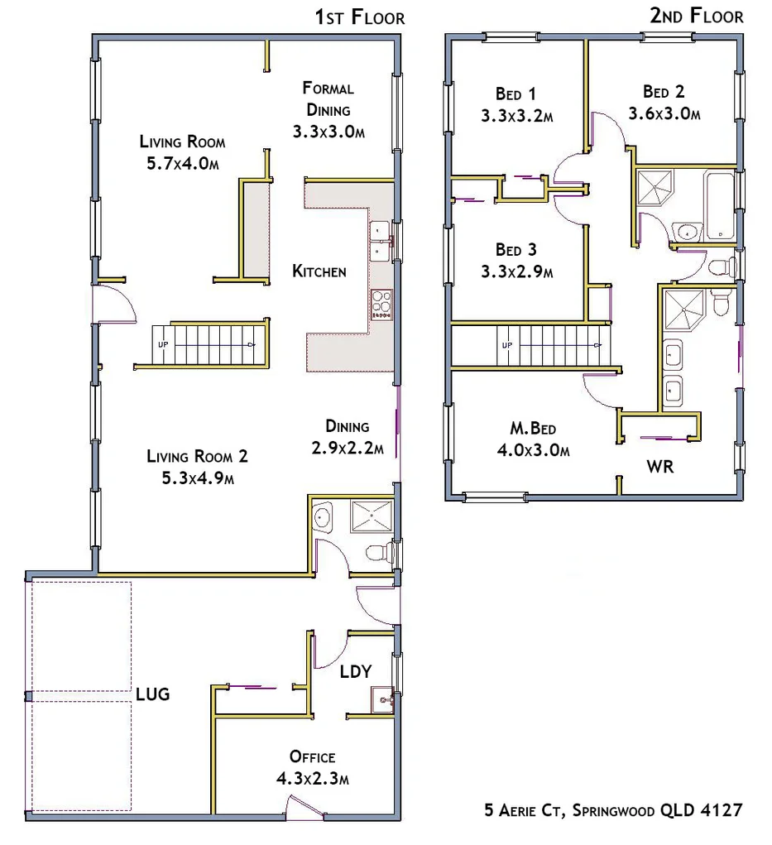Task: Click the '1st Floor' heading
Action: [360, 17]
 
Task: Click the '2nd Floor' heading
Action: [698, 15]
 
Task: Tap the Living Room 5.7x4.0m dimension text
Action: [183, 163]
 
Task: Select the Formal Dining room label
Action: [328, 89]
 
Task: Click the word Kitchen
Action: [319, 271]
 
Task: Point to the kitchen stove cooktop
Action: [381, 304]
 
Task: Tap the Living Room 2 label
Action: [197, 456]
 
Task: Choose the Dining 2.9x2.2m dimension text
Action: [348, 449]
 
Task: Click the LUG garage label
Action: [153, 694]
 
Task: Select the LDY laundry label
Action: [356, 671]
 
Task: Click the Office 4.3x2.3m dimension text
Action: [313, 779]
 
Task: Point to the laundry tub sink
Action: [381, 701]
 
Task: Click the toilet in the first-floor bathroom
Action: [378, 552]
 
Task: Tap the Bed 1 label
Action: [515, 94]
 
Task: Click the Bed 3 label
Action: [516, 249]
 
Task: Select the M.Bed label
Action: [532, 429]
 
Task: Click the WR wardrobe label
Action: [659, 467]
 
